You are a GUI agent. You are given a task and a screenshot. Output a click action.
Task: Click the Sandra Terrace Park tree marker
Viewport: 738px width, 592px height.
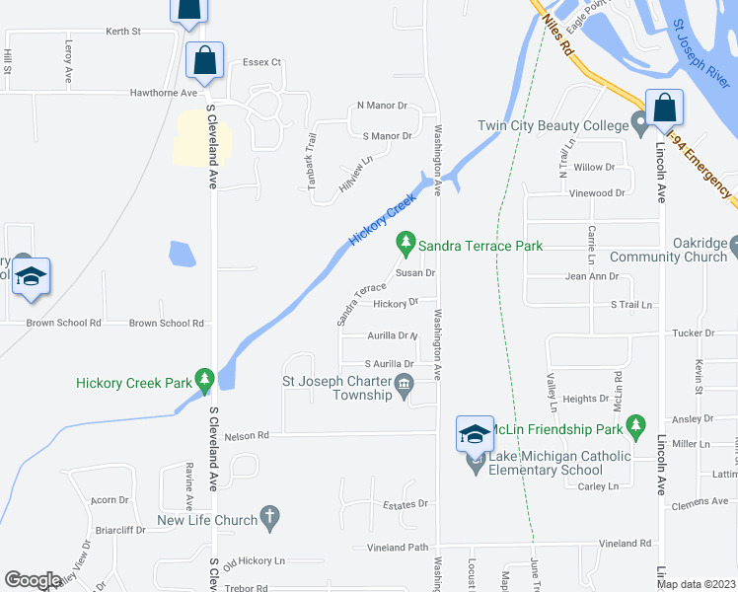point(405,241)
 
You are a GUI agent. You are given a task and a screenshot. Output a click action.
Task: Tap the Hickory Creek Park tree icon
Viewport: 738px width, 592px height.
point(204,378)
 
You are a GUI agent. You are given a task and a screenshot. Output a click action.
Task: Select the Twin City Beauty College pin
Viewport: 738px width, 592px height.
point(640,125)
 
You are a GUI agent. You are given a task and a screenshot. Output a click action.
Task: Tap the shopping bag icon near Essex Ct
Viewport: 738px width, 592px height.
point(204,60)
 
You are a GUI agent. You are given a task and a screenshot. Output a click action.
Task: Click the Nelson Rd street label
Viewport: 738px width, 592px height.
point(247,435)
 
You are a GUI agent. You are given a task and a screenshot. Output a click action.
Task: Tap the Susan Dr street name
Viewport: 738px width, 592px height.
point(415,273)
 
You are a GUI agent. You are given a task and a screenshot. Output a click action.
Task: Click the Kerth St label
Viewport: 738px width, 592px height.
point(123,32)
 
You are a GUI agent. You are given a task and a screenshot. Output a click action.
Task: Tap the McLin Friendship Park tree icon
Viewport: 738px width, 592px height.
point(636,426)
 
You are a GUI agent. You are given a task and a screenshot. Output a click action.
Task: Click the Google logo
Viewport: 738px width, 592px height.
point(33,580)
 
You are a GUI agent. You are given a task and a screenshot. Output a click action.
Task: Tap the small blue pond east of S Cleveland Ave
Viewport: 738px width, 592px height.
point(183,254)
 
